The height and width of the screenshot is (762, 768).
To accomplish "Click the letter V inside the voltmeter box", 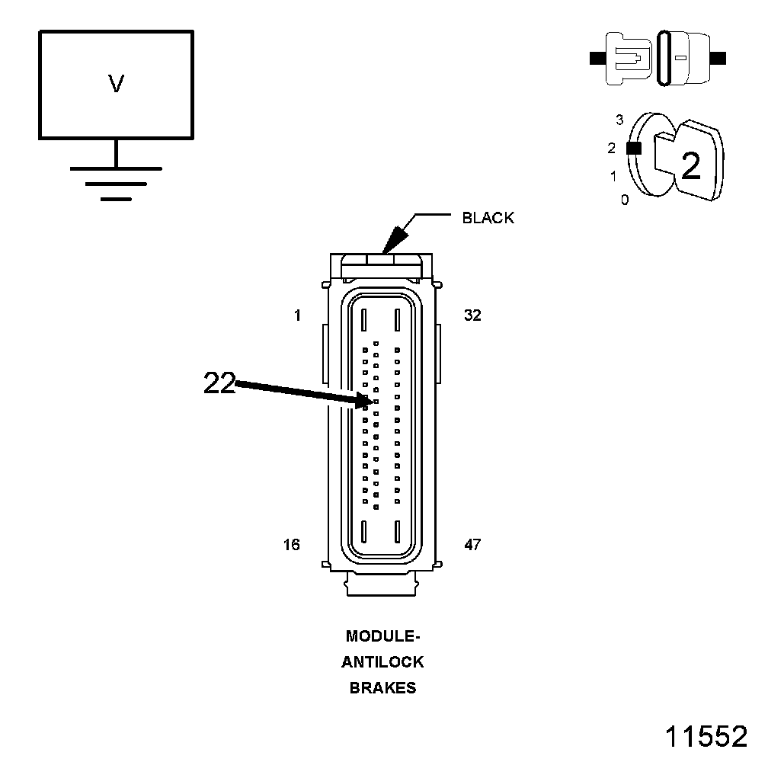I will (116, 84).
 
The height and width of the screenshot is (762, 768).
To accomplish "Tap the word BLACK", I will (488, 218).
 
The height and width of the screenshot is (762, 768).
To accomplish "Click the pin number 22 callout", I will (219, 383).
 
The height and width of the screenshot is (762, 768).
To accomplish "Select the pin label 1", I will (298, 315).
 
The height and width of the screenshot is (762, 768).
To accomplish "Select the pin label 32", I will (472, 315).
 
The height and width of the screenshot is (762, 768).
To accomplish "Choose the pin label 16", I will (291, 545).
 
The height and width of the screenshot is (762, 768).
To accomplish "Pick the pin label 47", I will (472, 545).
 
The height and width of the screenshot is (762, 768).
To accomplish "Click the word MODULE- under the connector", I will (382, 636).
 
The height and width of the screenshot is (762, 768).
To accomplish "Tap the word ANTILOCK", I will (382, 661).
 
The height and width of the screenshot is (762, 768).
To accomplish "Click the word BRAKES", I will (382, 687).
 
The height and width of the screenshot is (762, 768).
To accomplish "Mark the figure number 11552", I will (706, 736).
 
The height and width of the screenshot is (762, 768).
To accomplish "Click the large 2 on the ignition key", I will (690, 166).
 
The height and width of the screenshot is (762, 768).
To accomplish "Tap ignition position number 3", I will (619, 120).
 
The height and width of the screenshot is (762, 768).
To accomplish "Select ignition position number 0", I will (625, 200).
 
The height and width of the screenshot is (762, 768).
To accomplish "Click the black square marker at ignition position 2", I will (633, 149).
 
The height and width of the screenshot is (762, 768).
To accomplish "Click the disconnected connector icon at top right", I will (658, 58).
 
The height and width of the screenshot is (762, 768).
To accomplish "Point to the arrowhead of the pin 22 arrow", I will (364, 399).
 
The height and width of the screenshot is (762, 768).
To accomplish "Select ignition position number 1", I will (613, 177).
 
